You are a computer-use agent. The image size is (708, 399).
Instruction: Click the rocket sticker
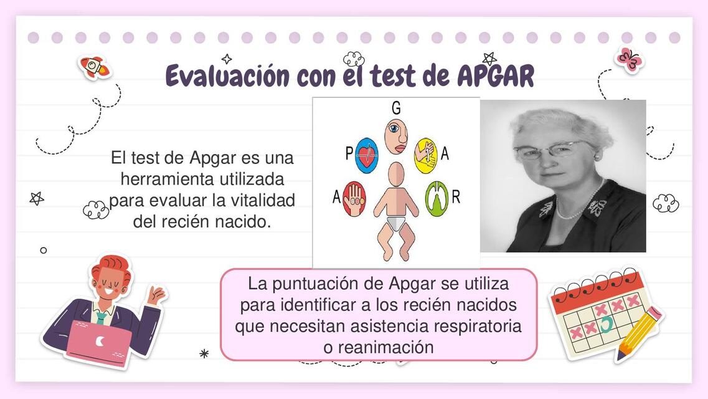tap(94, 66)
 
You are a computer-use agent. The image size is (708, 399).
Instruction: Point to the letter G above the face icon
tap(396, 108)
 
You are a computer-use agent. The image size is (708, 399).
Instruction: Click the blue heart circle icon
tap(367, 156)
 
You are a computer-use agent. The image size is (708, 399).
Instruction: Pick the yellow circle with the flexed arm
tap(426, 155)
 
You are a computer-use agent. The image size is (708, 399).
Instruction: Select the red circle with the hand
tap(354, 199)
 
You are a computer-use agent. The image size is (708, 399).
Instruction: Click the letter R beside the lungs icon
tap(456, 198)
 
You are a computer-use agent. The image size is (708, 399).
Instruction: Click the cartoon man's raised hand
tap(155, 294)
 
